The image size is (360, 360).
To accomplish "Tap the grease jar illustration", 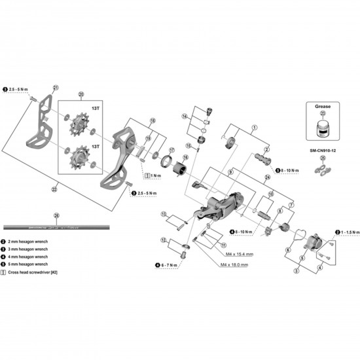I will point(321,127).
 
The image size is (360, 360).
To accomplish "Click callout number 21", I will point(56,87).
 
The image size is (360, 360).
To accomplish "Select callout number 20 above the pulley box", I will point(81,94).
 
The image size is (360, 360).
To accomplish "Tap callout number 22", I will point(56,189).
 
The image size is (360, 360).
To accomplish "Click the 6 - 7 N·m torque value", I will point(172,265).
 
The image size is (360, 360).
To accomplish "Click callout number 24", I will point(268,177).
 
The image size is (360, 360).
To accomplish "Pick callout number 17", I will point(171,149).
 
